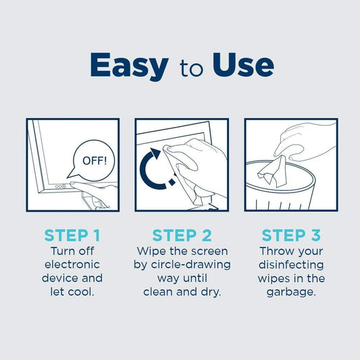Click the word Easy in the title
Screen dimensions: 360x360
pyautogui.click(x=128, y=66)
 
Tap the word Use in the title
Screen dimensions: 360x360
pyautogui.click(x=242, y=66)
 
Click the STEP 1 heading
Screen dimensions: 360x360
pyautogui.click(x=72, y=236)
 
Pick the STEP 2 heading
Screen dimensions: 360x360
pyautogui.click(x=182, y=236)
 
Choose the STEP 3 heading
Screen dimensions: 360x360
pyautogui.click(x=290, y=236)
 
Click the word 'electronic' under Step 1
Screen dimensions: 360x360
pyautogui.click(x=72, y=264)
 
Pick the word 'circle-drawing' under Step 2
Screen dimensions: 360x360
pyautogui.click(x=182, y=264)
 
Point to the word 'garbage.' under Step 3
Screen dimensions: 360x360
pyautogui.click(x=291, y=292)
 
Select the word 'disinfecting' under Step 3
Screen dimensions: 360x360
pyautogui.click(x=291, y=264)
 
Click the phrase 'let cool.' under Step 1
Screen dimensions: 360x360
pyautogui.click(x=72, y=292)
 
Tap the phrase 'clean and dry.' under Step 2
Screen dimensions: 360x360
pyautogui.click(x=182, y=292)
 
